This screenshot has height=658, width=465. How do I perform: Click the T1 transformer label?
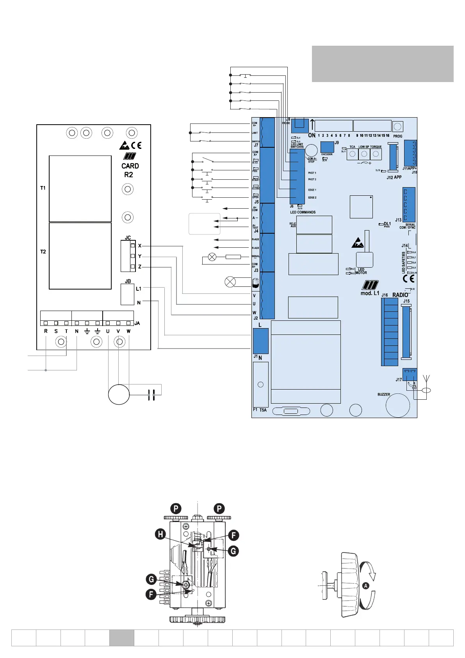click(43, 188)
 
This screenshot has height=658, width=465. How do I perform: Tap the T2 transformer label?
click(43, 252)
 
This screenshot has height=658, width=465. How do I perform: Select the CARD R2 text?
click(130, 170)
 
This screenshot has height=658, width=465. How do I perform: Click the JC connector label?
click(128, 238)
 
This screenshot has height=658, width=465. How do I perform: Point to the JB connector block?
click(127, 294)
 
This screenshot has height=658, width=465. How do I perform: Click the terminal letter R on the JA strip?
click(46, 331)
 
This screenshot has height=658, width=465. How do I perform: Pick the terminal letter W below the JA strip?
click(128, 331)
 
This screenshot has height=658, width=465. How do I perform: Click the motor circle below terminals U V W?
click(119, 394)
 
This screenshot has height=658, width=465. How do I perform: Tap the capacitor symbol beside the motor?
click(151, 395)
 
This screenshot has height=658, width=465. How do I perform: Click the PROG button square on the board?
click(397, 127)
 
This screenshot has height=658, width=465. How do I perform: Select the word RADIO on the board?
click(400, 295)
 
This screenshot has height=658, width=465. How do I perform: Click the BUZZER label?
click(383, 395)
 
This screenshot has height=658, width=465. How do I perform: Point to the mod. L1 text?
click(370, 293)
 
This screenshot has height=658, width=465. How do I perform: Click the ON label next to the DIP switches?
click(312, 136)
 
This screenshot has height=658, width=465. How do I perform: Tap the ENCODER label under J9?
click(327, 154)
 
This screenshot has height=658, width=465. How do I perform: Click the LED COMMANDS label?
click(303, 213)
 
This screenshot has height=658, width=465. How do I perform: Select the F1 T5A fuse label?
click(260, 410)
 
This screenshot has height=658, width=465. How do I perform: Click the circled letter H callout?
click(160, 534)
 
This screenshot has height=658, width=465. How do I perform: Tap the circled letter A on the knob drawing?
click(365, 586)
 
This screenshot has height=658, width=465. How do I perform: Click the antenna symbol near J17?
click(427, 379)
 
